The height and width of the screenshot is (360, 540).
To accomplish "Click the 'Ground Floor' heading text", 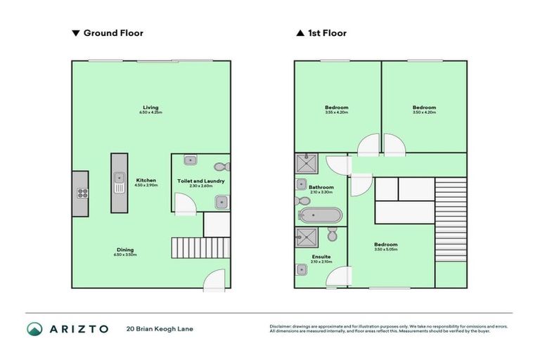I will click(x=112, y=33).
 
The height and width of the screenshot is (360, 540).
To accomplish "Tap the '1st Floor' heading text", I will click(x=327, y=33).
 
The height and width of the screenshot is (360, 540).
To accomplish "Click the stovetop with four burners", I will click(x=81, y=193).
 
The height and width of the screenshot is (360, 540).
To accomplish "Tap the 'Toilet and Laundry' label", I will click(x=200, y=181).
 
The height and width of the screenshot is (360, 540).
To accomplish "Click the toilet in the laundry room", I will click(x=222, y=167).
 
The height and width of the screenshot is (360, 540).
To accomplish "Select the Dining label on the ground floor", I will click(x=126, y=251).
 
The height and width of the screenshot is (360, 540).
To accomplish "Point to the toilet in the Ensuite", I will click(x=333, y=233).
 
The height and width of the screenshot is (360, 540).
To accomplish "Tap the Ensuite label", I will click(x=321, y=257).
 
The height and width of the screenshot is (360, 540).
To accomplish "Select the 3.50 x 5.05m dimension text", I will click(x=387, y=250).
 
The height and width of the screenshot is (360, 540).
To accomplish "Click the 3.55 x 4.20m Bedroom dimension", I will click(x=337, y=112).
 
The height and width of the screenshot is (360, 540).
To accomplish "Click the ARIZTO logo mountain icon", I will click(x=34, y=328).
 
